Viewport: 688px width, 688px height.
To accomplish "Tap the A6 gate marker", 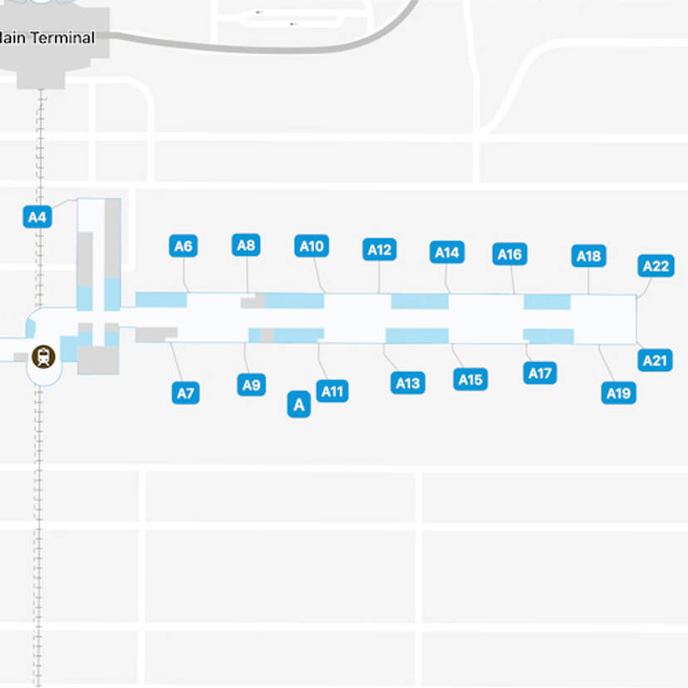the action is pos(184,246).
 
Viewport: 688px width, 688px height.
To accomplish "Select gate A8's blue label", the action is pos(246,245).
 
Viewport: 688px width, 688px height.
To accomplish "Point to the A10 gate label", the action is pos(312,246).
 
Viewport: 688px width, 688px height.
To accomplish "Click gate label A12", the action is pos(380,249).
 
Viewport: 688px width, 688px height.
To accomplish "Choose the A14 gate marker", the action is pos(447,253).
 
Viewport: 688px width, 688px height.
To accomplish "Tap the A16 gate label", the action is pos(509,254).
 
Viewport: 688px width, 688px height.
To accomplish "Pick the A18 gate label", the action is pos(588,256).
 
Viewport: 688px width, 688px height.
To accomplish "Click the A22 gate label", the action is pos(656,266).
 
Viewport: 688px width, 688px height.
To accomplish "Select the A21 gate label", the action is pos(656,361).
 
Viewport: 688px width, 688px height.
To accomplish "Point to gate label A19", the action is pos(618,393).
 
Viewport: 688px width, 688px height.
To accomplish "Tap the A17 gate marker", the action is pos(541,373).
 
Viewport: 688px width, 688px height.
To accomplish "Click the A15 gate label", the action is pos(470,380).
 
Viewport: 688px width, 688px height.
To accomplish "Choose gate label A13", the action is pos(407,383).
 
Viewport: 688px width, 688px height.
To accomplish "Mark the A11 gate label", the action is pos(333,391).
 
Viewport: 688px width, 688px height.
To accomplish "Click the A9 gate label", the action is pos(251,385).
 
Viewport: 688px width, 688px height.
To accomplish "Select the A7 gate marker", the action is pos(185,393).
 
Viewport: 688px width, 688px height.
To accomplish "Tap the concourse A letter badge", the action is pos(298,405).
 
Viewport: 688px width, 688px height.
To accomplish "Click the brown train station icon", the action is pos(42,357).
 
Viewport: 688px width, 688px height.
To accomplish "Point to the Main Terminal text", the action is pos(47,37).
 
